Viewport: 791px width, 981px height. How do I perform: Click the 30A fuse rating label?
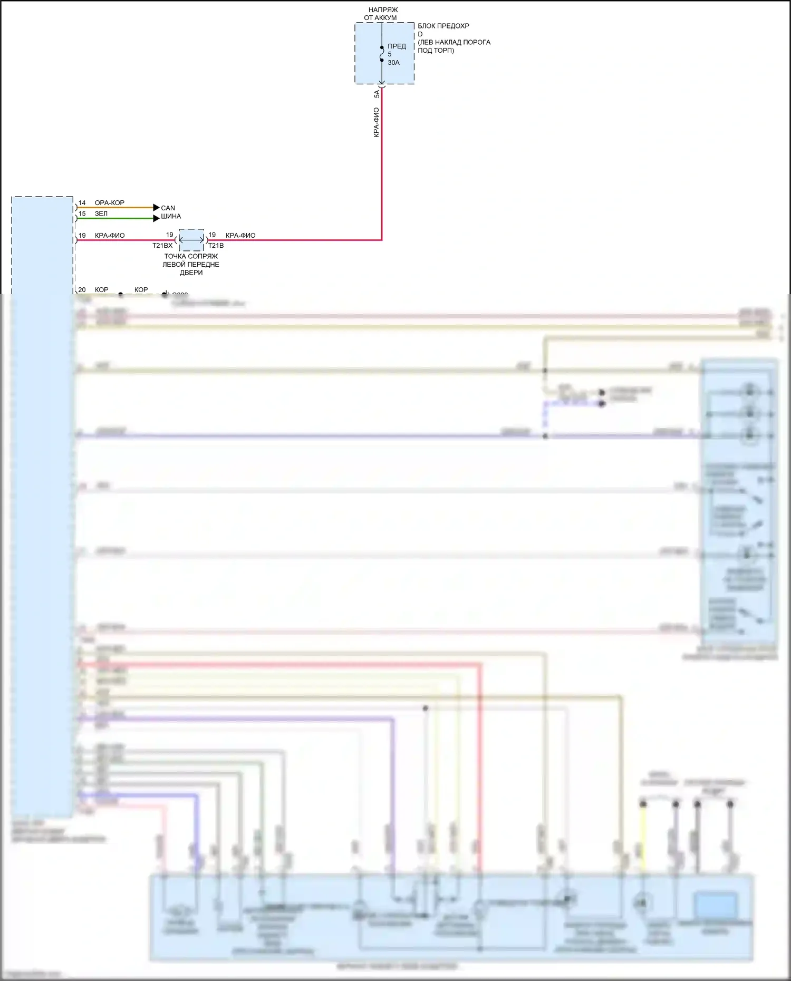[393, 63]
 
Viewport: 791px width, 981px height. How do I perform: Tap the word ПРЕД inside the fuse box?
[397, 46]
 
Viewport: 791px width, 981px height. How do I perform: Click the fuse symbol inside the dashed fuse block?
[382, 54]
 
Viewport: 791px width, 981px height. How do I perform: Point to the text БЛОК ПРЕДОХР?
[443, 26]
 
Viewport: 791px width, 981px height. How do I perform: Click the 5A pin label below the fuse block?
[377, 94]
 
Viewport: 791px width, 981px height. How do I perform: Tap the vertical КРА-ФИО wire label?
[376, 122]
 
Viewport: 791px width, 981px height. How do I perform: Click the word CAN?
[168, 208]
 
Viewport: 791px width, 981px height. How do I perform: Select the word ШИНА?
[171, 217]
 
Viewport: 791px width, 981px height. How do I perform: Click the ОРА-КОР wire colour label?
[110, 203]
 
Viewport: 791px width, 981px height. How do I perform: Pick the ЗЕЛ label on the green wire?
[101, 214]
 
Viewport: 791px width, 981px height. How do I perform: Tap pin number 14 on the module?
[82, 203]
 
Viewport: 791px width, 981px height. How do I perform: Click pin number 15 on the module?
[82, 214]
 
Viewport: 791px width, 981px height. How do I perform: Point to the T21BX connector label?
[162, 246]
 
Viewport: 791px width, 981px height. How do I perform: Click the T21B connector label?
[216, 246]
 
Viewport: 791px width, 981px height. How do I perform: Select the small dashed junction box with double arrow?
[191, 240]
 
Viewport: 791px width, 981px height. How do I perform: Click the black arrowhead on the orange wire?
[156, 208]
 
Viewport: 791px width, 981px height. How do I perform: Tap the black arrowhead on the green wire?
[156, 218]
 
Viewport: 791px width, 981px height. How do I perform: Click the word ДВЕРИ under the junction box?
[191, 273]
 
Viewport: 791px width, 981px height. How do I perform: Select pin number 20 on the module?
[82, 290]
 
